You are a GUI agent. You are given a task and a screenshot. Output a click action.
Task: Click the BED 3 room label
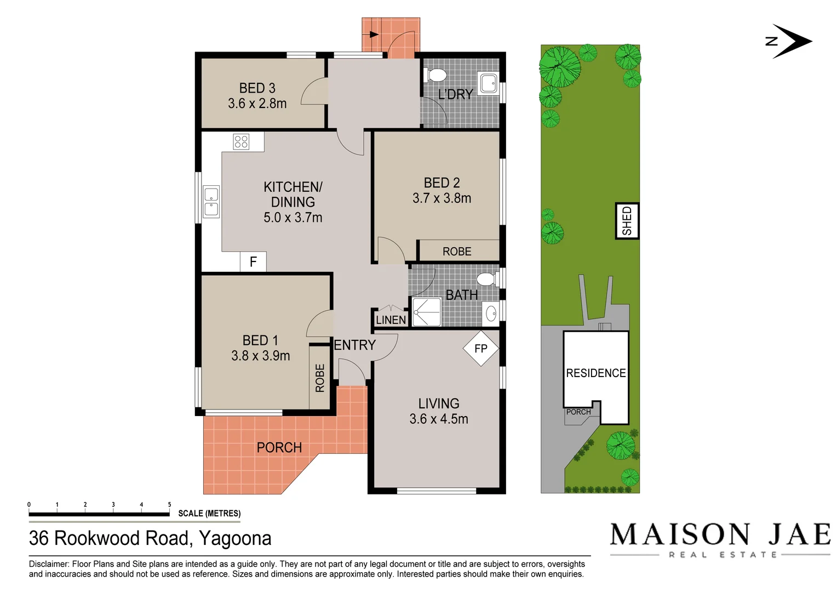tap(257, 88)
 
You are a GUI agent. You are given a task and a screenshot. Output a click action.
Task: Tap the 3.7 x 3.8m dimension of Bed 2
tap(442, 198)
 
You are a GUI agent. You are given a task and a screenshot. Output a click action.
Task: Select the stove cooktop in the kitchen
tap(242, 141)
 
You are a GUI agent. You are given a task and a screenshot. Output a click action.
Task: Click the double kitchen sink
tap(211, 202)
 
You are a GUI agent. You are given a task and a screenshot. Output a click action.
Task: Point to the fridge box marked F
tap(253, 262)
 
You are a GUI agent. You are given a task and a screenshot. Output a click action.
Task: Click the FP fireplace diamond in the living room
tap(481, 348)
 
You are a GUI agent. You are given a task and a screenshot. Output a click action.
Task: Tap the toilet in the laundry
tap(436, 75)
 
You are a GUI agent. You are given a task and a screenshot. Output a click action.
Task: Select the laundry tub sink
tap(488, 84)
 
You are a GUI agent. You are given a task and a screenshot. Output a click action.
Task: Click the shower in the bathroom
tap(426, 312)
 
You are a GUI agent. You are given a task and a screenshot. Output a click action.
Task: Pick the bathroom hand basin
tap(491, 314)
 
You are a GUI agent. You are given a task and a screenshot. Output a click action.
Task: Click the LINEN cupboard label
tap(391, 320)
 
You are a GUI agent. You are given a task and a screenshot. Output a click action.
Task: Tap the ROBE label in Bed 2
tap(457, 252)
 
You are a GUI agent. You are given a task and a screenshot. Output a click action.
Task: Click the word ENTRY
tap(355, 345)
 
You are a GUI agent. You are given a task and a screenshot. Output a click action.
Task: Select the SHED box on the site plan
tap(627, 221)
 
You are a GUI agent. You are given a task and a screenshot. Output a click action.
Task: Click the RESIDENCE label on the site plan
tap(596, 373)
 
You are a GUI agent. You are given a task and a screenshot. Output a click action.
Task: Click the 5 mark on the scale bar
tap(169, 505)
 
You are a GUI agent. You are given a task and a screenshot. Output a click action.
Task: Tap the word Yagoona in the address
tap(235, 538)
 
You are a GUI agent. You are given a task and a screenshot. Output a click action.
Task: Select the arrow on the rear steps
tap(374, 35)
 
